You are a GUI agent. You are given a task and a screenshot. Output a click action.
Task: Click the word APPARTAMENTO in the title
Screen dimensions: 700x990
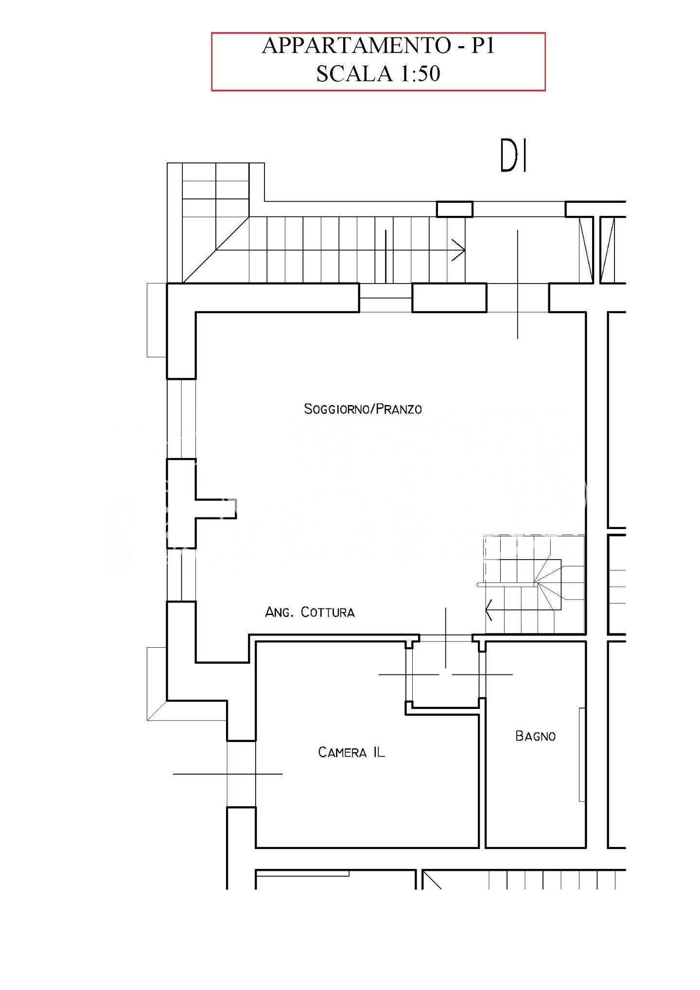[356, 45]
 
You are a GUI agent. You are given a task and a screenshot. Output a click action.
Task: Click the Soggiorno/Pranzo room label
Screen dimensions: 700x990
[363, 409]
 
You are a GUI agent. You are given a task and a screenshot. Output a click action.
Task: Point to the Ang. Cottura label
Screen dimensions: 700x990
[310, 612]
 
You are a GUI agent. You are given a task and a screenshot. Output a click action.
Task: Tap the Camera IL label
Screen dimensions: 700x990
[351, 752]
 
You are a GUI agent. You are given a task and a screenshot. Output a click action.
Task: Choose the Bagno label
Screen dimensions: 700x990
[535, 736]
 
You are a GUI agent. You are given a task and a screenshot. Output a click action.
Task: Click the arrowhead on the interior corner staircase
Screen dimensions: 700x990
[489, 610]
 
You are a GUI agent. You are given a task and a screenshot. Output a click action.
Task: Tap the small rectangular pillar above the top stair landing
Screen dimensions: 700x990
[455, 209]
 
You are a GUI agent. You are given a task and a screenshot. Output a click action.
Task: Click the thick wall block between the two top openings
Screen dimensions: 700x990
[449, 298]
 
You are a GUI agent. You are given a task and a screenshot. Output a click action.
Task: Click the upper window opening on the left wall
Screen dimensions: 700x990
[181, 419]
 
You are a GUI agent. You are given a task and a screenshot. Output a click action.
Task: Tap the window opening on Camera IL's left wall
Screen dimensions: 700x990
[241, 774]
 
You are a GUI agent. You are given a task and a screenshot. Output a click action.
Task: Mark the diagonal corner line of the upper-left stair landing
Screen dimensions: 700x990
[216, 250]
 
